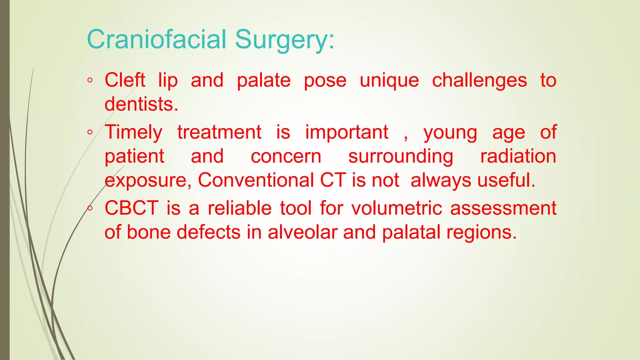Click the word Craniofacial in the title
pyautogui.click(x=156, y=39)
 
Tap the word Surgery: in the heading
pyautogui.click(x=284, y=40)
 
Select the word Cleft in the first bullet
pyautogui.click(x=125, y=80)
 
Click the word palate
pyautogui.click(x=263, y=81)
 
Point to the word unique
pyautogui.click(x=389, y=81)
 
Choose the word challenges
pyautogui.click(x=479, y=81)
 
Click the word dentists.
pyautogui.click(x=141, y=104)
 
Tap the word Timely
pyautogui.click(x=133, y=132)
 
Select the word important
pyautogui.click(x=347, y=132)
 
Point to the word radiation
pyautogui.click(x=518, y=156)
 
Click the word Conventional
pyautogui.click(x=256, y=180)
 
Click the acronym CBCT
pyautogui.click(x=132, y=208)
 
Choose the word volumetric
pyautogui.click(x=397, y=208)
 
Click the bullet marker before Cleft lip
pyautogui.click(x=90, y=81)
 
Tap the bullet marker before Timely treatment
pyautogui.click(x=90, y=132)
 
